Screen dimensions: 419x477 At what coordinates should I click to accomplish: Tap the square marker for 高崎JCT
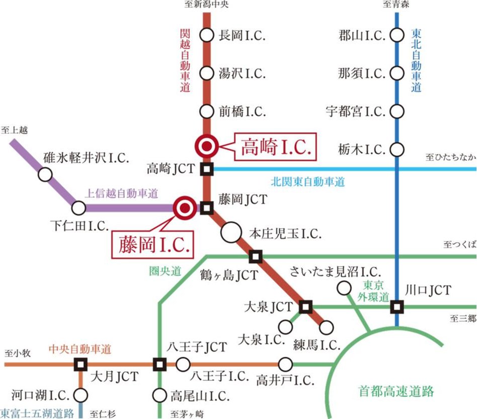click(206, 169)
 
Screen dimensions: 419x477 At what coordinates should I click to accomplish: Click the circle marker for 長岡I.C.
click(206, 36)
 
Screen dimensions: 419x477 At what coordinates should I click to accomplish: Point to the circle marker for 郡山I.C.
click(397, 36)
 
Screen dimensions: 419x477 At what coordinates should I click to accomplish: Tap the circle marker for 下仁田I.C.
click(78, 207)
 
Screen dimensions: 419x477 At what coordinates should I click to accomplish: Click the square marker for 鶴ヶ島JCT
click(256, 257)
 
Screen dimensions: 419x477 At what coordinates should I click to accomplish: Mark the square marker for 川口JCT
click(397, 306)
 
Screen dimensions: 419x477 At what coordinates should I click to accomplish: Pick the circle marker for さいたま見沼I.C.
click(344, 288)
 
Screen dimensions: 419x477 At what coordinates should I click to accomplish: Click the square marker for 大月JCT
click(80, 364)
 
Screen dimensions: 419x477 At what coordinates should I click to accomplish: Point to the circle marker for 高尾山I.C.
click(160, 395)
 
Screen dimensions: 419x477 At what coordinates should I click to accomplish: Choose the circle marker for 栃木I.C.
click(397, 149)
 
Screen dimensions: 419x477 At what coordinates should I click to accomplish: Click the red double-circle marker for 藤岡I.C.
click(183, 207)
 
